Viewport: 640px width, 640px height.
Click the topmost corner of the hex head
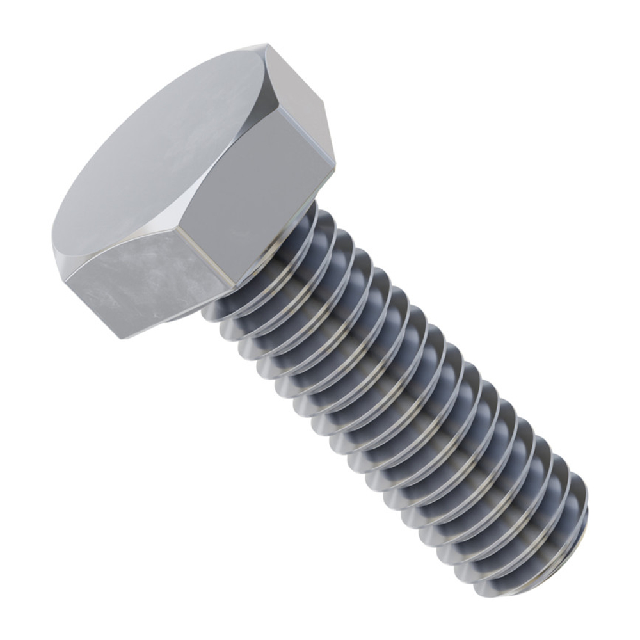pyautogui.click(x=266, y=45)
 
